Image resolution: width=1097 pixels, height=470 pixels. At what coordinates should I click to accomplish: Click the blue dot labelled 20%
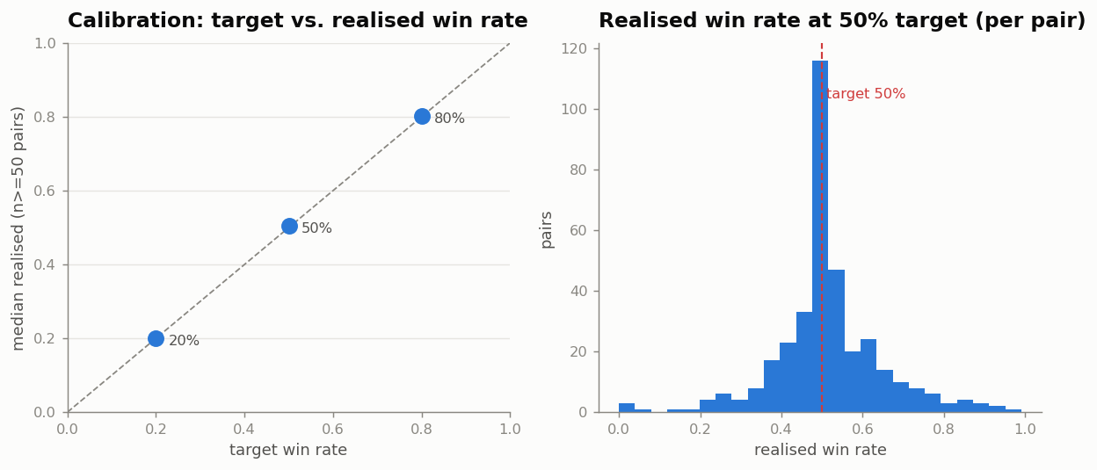click(156, 338)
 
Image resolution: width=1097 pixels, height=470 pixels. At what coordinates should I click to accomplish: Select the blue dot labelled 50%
click(289, 226)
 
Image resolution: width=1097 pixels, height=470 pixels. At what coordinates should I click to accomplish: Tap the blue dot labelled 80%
click(422, 117)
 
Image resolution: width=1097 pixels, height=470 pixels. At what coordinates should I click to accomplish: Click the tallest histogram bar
click(820, 236)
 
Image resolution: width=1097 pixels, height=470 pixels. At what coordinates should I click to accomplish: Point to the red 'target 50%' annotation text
click(866, 93)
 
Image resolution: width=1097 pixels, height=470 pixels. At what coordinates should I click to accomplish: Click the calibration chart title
click(298, 20)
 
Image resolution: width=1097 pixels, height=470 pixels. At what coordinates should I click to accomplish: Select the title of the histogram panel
click(842, 20)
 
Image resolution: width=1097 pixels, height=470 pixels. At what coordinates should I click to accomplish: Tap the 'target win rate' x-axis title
click(288, 450)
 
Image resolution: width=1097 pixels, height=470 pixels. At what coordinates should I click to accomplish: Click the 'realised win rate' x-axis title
click(820, 450)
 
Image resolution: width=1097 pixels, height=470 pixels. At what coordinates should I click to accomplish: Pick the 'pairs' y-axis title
click(547, 230)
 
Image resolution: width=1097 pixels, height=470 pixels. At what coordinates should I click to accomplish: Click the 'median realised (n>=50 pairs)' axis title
click(18, 228)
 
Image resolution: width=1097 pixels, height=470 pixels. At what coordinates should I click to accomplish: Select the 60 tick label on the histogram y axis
click(578, 230)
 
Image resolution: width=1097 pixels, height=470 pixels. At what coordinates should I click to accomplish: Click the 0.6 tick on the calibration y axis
click(45, 191)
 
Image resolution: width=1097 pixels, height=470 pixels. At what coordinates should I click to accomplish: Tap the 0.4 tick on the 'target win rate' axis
click(243, 429)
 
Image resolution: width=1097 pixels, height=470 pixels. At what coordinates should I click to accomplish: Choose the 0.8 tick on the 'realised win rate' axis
click(943, 429)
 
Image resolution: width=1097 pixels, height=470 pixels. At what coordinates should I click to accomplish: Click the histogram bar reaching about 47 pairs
click(836, 341)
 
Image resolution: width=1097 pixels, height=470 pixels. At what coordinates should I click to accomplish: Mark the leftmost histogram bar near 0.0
click(627, 408)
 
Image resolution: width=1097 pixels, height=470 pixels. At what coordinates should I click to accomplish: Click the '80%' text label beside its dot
click(449, 118)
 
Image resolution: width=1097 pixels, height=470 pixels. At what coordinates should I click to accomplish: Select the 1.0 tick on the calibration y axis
click(45, 44)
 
